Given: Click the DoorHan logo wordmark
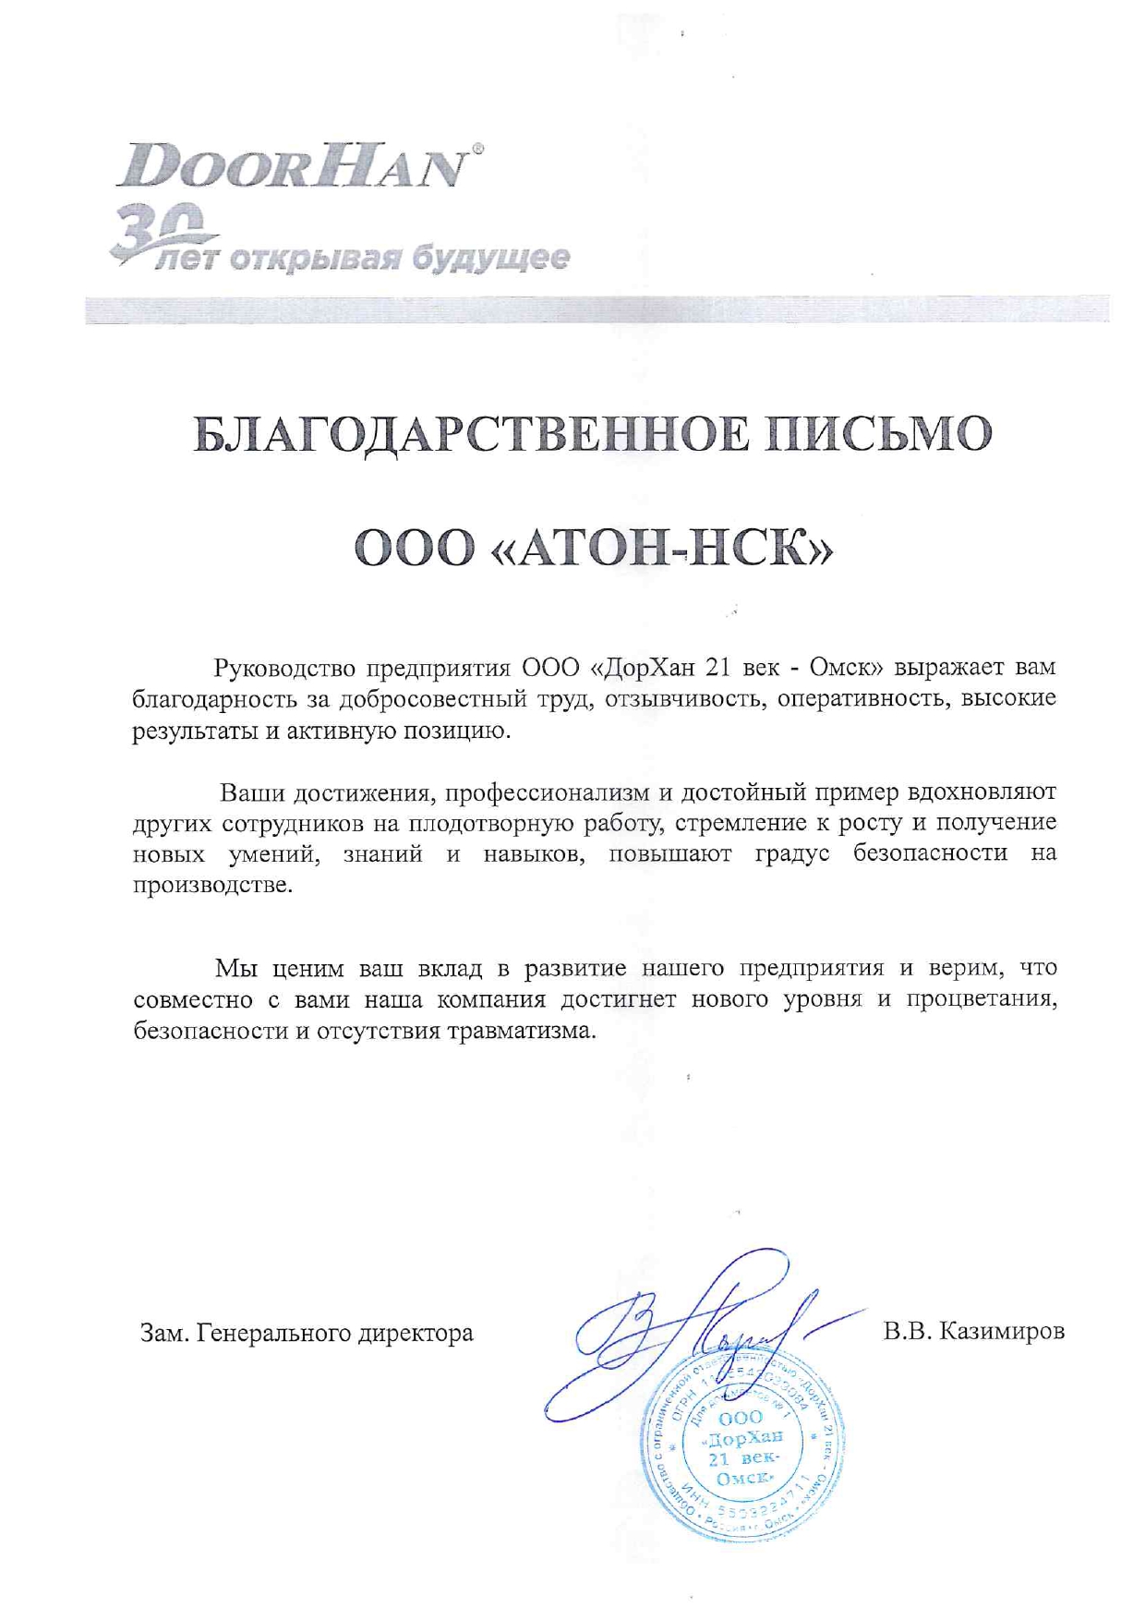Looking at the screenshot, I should pyautogui.click(x=289, y=166).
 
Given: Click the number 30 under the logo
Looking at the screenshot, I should pyautogui.click(x=157, y=231).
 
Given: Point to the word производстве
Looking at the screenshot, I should pyautogui.click(x=212, y=885).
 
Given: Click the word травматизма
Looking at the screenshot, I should pyautogui.click(x=523, y=1031).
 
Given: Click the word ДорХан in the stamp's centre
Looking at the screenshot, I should pyautogui.click(x=743, y=1438).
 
